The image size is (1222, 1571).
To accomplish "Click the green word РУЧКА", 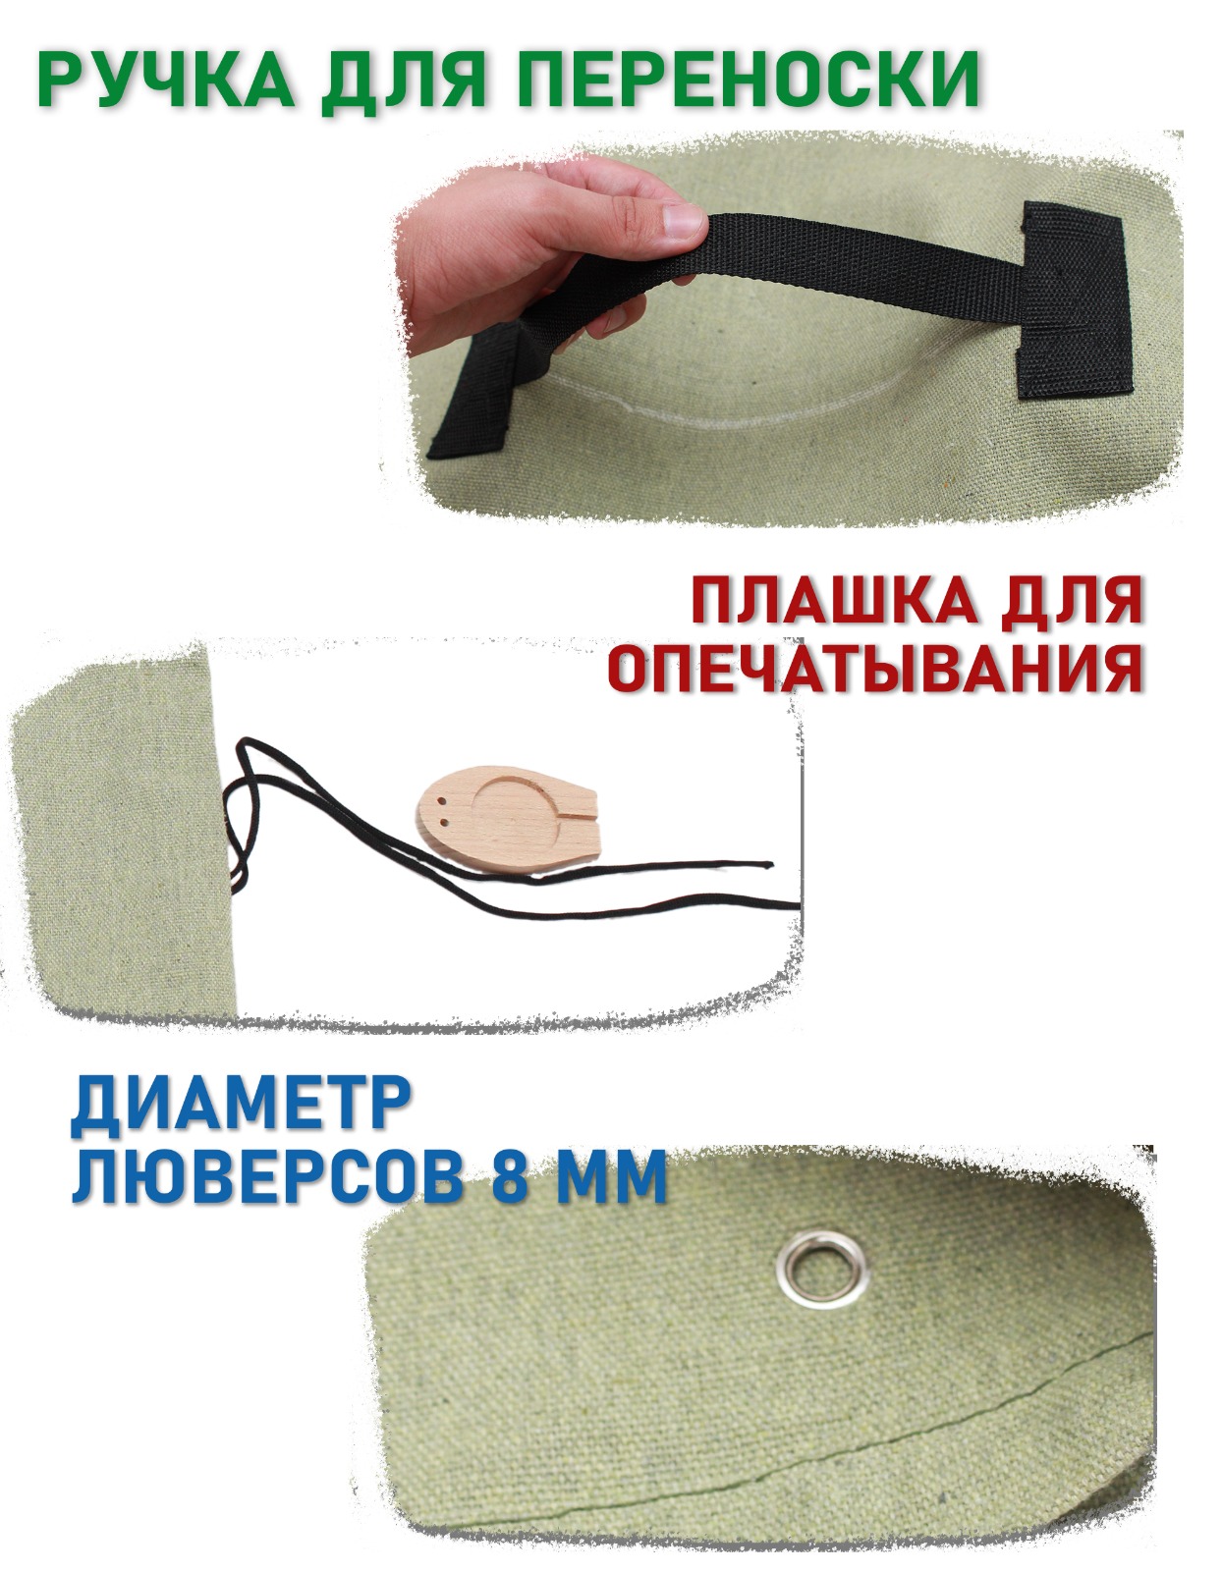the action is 166,81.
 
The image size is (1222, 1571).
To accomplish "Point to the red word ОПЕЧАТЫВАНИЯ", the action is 875,664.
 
